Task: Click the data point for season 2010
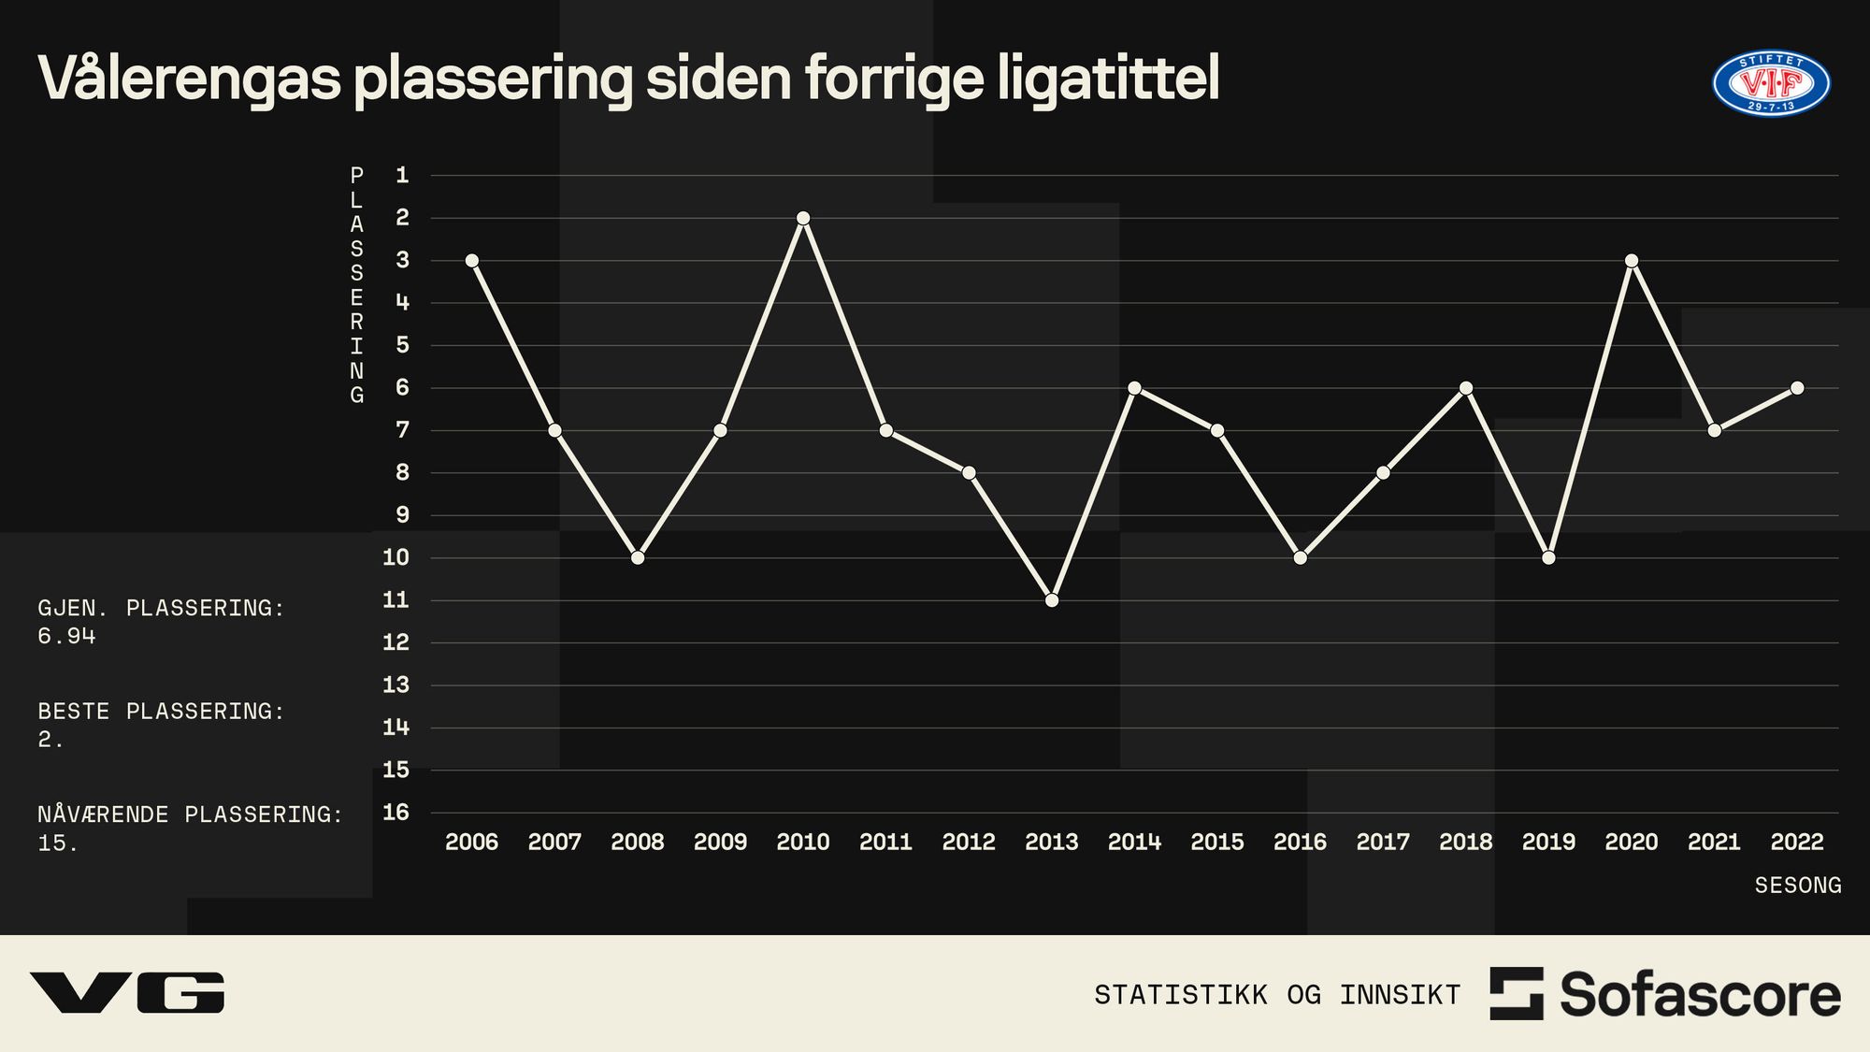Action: click(x=803, y=218)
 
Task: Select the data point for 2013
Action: click(x=1052, y=600)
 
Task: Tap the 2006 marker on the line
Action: click(x=472, y=261)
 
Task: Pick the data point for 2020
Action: click(x=1632, y=261)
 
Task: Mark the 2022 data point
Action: click(x=1797, y=388)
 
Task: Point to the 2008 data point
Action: click(x=638, y=558)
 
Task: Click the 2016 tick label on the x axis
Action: click(x=1300, y=842)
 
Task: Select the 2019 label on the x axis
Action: click(x=1548, y=842)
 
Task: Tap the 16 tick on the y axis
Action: click(x=396, y=812)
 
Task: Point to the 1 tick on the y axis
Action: click(x=402, y=175)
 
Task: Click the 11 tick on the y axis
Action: click(x=396, y=599)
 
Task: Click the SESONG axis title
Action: click(x=1797, y=885)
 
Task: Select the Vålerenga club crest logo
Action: click(x=1771, y=84)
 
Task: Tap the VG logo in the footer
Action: click(x=127, y=992)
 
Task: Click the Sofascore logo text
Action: click(x=1699, y=994)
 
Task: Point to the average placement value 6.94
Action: click(x=66, y=636)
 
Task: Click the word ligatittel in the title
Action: click(x=1108, y=79)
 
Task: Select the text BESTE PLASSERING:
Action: click(x=161, y=711)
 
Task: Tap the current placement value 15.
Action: click(x=56, y=843)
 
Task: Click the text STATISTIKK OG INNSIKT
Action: click(x=1277, y=994)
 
